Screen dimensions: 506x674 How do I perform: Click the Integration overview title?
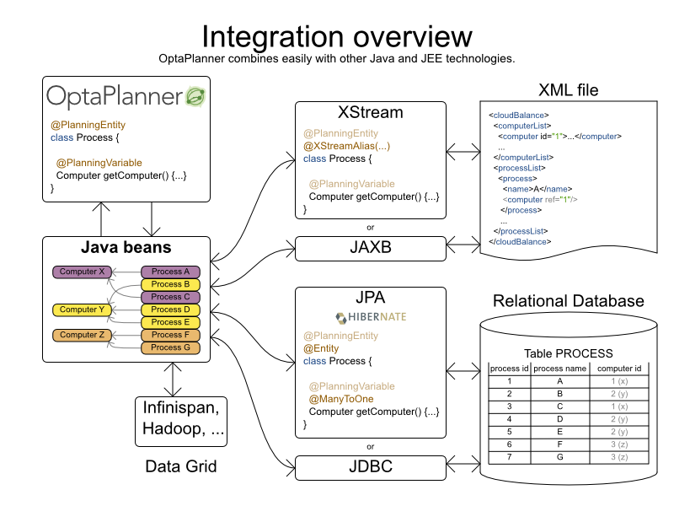pyautogui.click(x=337, y=36)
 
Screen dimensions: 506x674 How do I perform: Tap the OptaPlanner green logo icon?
pyautogui.click(x=195, y=96)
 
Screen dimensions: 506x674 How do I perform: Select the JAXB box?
pyautogui.click(x=370, y=249)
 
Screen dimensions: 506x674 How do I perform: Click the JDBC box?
pyautogui.click(x=370, y=466)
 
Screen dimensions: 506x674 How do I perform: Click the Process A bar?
pyautogui.click(x=170, y=272)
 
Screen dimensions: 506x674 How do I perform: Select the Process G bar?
pyautogui.click(x=170, y=347)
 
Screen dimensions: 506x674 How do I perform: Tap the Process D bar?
pyautogui.click(x=170, y=310)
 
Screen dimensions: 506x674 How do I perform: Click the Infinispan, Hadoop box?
pyautogui.click(x=180, y=419)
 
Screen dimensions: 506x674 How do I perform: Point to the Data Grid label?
pyautogui.click(x=180, y=466)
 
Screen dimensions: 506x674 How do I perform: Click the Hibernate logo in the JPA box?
pyautogui.click(x=370, y=317)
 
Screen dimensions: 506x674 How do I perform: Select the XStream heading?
pyautogui.click(x=370, y=112)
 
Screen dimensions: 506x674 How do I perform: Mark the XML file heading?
pyautogui.click(x=569, y=90)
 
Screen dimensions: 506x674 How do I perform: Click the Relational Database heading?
pyautogui.click(x=568, y=301)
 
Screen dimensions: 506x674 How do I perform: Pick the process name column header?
pyautogui.click(x=559, y=369)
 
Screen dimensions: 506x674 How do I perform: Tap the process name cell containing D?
pyautogui.click(x=559, y=418)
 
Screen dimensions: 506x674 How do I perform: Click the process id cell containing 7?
pyautogui.click(x=509, y=456)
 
